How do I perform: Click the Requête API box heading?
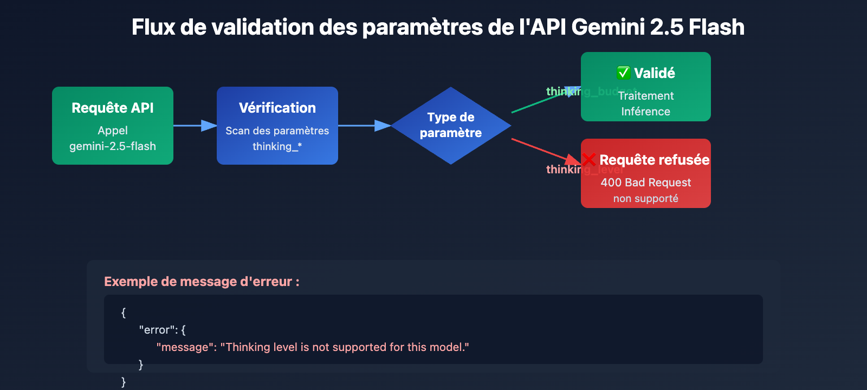[x=113, y=108]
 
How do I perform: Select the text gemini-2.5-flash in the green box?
[x=113, y=146]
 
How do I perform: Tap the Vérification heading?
[x=277, y=108]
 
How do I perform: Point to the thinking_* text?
[x=277, y=146]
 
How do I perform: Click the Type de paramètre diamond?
[x=451, y=125]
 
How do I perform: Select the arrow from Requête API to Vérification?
[x=192, y=126]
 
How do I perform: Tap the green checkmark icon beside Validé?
[x=624, y=73]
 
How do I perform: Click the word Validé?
[x=655, y=73]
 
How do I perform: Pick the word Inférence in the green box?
[x=645, y=112]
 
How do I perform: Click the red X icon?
[x=589, y=159]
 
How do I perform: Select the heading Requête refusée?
[x=654, y=160]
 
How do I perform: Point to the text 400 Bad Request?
[x=645, y=183]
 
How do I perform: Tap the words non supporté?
[x=645, y=198]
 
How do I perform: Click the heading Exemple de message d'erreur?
[x=202, y=282]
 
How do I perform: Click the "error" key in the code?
[x=157, y=330]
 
